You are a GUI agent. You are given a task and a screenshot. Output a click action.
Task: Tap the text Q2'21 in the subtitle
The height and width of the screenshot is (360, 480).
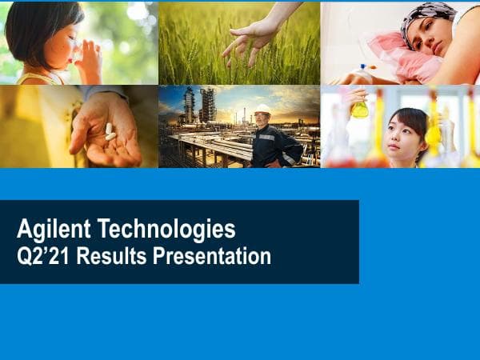tap(40, 257)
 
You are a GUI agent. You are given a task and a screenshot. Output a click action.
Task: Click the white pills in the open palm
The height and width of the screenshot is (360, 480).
tap(110, 131)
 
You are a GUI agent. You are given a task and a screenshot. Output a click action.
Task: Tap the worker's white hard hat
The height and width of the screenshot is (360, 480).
tap(262, 110)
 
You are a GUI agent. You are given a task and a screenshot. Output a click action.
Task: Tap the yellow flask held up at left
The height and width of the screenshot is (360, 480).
tap(360, 108)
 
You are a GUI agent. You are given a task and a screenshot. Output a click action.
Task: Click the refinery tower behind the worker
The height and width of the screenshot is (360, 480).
tap(190, 106)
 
